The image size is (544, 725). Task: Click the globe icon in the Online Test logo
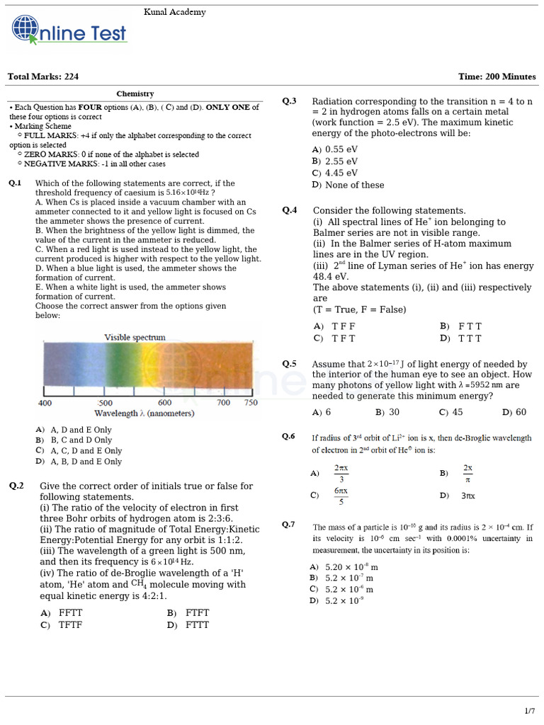coord(25,30)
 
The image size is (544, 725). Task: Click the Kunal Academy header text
coord(175,12)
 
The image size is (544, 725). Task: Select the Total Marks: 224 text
coord(43,76)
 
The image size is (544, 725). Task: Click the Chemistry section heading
coord(135,93)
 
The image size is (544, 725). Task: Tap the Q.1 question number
coord(16,183)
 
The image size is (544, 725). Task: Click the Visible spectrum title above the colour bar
coord(135,338)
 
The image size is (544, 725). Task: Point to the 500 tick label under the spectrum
coord(106,403)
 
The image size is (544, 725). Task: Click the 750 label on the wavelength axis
coord(251,403)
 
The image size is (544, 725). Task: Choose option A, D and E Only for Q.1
coord(81,430)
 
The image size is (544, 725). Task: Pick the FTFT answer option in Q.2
coord(197,613)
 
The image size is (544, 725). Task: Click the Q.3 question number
coord(289,101)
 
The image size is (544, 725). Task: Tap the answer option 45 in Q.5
coord(457,412)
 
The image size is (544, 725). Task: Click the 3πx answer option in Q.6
coord(467,496)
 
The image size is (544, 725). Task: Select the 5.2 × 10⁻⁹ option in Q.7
coord(344,601)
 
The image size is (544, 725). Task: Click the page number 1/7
coord(529,710)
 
